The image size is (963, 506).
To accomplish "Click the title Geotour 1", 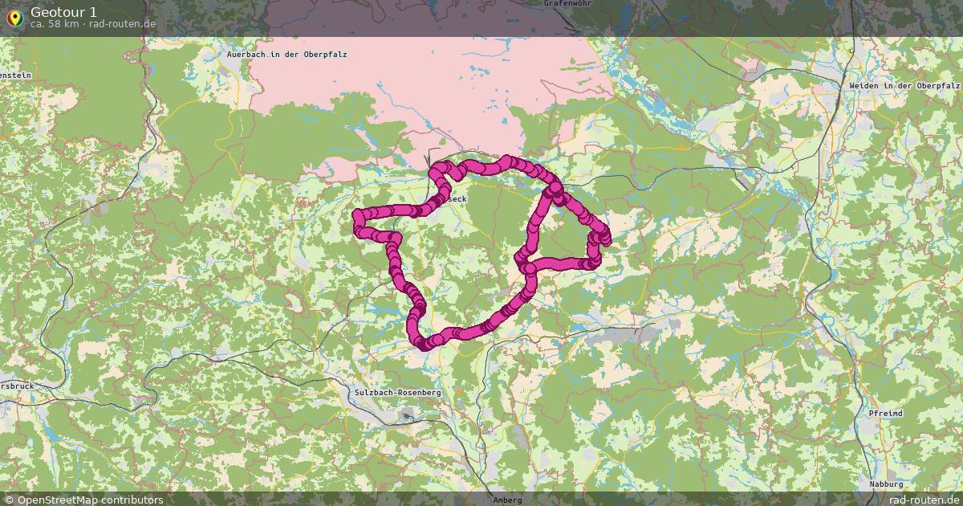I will coord(63,11).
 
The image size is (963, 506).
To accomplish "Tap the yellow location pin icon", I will coord(14,17).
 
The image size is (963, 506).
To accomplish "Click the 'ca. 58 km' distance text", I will coord(54,24).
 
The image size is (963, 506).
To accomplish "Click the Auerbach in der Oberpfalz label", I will coord(286,54).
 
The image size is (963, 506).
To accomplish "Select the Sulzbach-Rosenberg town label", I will coord(396,392).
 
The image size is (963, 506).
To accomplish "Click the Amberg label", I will coord(507,500).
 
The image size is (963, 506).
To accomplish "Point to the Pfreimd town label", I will coord(885,413).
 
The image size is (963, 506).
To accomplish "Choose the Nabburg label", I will coord(886,484).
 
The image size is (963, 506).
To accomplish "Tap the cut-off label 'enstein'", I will coord(15,75).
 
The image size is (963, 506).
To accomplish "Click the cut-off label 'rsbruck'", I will coord(17,386).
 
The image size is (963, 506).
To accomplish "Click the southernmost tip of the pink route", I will coord(424,346).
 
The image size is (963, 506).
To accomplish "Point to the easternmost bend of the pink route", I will coord(606,238).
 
